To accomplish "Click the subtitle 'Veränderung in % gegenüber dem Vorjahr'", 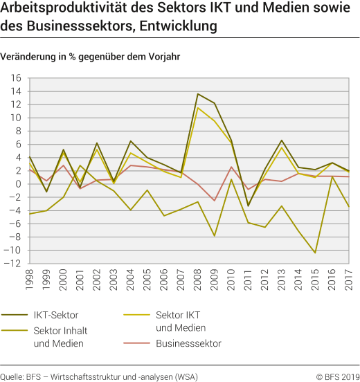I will point(91,57).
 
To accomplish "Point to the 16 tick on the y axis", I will point(17,78).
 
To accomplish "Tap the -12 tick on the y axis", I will point(15,264).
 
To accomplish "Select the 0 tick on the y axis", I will point(20,184).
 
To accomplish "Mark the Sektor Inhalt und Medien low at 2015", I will point(316,253).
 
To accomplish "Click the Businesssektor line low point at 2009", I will point(215,201).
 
